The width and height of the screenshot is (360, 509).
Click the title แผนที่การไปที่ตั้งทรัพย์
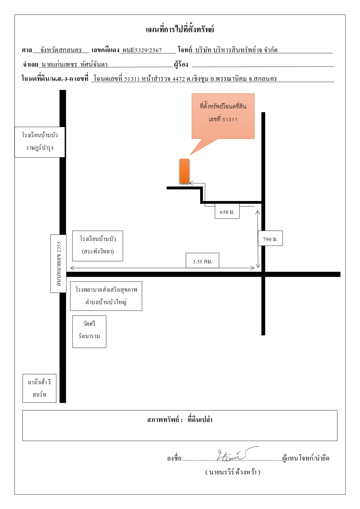[x=180, y=29]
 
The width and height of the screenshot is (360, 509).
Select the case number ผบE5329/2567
[x=142, y=50]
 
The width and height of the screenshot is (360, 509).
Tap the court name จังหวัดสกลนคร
[x=61, y=50]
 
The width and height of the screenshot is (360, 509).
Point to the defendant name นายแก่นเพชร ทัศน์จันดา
[x=75, y=64]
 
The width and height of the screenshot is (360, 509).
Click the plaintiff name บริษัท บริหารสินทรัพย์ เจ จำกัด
[x=236, y=50]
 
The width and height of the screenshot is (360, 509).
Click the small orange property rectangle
[x=184, y=171]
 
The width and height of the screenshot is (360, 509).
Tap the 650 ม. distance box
[x=227, y=211]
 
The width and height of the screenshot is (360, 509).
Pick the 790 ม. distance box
[x=270, y=238]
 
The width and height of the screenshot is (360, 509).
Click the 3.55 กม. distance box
[x=202, y=260]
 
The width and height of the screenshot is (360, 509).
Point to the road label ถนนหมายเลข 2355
[x=58, y=264]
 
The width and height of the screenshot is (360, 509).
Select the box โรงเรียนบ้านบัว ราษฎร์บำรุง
[x=40, y=142]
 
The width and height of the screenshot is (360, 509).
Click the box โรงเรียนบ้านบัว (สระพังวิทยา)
[x=98, y=246]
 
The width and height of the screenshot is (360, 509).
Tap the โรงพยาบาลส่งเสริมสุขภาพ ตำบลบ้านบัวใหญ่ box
[x=106, y=296]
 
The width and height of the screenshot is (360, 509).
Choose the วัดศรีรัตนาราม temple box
[x=89, y=332]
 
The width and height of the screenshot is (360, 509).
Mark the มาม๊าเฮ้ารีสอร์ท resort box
[x=39, y=388]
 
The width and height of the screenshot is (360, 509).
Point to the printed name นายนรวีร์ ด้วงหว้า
[x=233, y=472]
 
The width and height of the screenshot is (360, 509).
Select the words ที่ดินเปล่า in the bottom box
[x=200, y=420]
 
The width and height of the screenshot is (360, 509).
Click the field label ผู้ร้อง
[x=181, y=64]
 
